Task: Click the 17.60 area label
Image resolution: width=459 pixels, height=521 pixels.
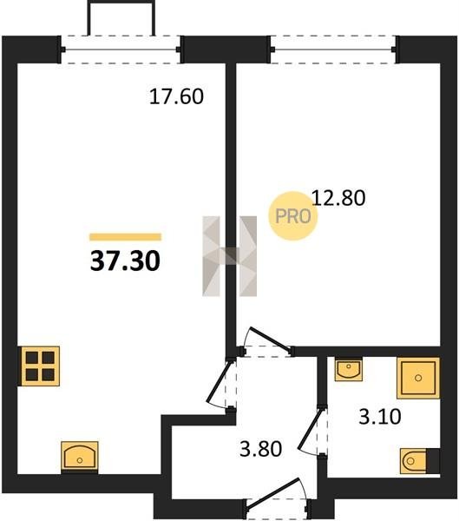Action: [176, 96]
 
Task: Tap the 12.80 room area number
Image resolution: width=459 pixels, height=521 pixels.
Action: [338, 198]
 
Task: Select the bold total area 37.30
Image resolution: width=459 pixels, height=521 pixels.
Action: [125, 260]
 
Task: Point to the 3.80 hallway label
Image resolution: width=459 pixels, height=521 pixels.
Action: [260, 449]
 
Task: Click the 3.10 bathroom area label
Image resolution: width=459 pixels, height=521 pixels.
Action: [380, 417]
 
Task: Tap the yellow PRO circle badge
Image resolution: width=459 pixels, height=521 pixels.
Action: [293, 216]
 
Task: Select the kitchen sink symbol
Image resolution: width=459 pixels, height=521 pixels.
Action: [80, 456]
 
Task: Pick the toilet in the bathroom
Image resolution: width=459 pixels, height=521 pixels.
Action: [419, 461]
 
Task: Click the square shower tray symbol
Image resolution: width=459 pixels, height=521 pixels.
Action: [418, 378]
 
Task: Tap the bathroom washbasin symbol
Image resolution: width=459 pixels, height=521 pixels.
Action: [349, 369]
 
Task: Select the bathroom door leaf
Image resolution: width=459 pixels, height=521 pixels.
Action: [311, 429]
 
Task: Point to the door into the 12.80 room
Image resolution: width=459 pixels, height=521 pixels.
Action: [270, 340]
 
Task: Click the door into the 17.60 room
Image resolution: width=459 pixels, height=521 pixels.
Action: [218, 382]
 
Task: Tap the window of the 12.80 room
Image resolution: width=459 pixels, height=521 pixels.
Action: [333, 49]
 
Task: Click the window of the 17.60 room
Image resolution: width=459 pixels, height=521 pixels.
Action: [121, 49]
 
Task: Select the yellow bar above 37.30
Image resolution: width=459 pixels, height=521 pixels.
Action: [125, 236]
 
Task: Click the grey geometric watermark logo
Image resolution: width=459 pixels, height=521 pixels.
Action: [229, 256]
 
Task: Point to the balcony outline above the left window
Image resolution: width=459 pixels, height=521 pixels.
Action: [121, 2]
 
